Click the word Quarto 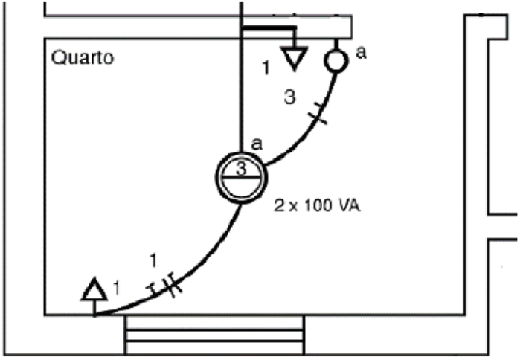pyautogui.click(x=83, y=57)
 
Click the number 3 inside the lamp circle pyautogui.click(x=240, y=170)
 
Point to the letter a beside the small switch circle pyautogui.click(x=362, y=54)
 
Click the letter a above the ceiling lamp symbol pyautogui.click(x=257, y=143)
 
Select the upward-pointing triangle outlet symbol pyautogui.click(x=94, y=290)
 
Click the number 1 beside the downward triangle pyautogui.click(x=266, y=68)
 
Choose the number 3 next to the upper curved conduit pyautogui.click(x=292, y=97)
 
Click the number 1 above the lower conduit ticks pyautogui.click(x=153, y=260)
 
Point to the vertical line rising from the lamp pyautogui.click(x=242, y=89)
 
